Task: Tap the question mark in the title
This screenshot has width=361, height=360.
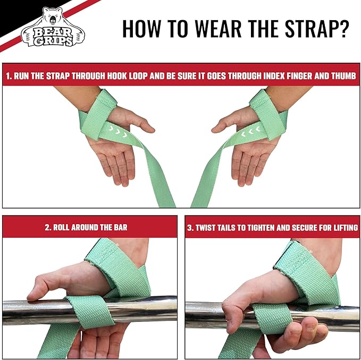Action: pyautogui.click(x=343, y=29)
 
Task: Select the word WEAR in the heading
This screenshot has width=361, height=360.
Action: pyautogui.click(x=208, y=29)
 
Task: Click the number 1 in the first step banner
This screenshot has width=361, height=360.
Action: pyautogui.click(x=8, y=76)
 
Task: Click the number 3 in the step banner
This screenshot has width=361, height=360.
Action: pyautogui.click(x=189, y=227)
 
